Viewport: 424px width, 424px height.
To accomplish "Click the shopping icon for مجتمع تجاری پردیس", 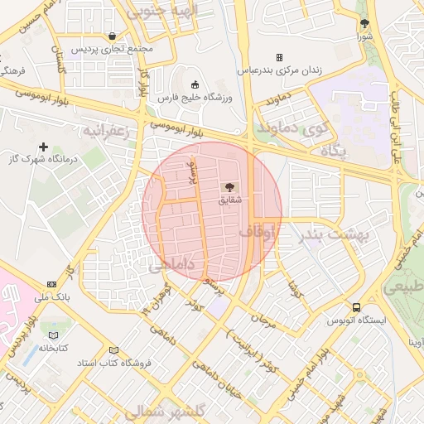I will click(x=112, y=36).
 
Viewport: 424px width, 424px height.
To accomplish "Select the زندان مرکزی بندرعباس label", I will click(x=280, y=71).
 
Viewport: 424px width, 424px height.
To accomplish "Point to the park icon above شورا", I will click(x=365, y=23).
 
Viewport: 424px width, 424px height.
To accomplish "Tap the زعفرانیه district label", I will click(x=105, y=132).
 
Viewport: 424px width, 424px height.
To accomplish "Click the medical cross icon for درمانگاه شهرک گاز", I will click(x=44, y=147).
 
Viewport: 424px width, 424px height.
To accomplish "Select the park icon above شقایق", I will click(x=229, y=187).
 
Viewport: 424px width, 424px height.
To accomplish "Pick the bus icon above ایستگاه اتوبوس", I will click(x=356, y=306).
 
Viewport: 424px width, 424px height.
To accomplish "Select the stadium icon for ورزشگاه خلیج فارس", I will click(x=195, y=84).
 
